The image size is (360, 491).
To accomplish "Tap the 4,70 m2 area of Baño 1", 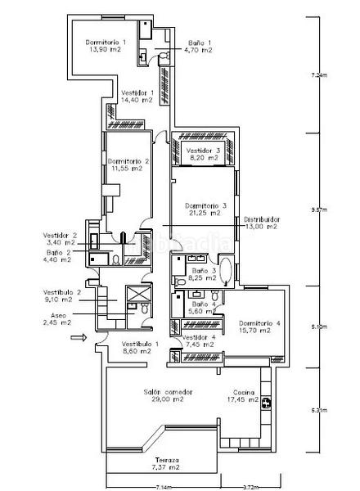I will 199,51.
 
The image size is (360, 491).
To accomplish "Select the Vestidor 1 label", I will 137,92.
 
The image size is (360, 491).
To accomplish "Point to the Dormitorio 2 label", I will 128,161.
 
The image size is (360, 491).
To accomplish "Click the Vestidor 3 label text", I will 204,151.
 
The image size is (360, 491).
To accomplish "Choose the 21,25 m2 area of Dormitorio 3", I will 203,213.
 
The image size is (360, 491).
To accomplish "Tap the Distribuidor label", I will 261,219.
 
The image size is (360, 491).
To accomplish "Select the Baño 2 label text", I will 60,253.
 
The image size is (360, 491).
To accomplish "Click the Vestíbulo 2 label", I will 61,292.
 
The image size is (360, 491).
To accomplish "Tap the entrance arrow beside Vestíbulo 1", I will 78,336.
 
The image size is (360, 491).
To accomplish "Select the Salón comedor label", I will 168,392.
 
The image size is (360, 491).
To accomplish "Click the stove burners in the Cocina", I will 266,401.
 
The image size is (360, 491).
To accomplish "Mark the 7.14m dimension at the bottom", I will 159,487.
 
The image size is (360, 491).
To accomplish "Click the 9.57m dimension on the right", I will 319,209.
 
